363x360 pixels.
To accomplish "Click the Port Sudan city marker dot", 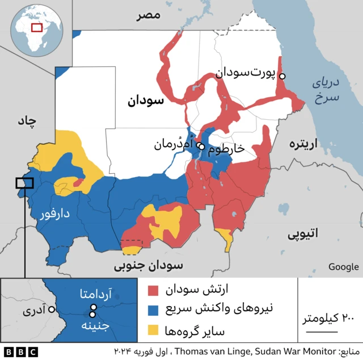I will (x=282, y=76).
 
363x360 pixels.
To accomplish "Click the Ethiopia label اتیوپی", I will (x=303, y=233).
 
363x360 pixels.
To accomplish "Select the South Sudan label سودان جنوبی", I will (x=149, y=266).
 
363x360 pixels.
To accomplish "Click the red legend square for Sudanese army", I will (x=153, y=291).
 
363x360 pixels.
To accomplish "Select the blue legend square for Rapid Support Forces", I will (x=153, y=310).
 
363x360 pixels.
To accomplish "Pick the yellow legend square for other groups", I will (x=153, y=329).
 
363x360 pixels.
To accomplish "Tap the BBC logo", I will (x=20, y=351).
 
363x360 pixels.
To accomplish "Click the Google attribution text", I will (x=343, y=267).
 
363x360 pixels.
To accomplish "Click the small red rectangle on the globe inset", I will (x=37, y=27).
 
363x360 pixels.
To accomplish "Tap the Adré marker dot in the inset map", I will (x=52, y=310).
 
